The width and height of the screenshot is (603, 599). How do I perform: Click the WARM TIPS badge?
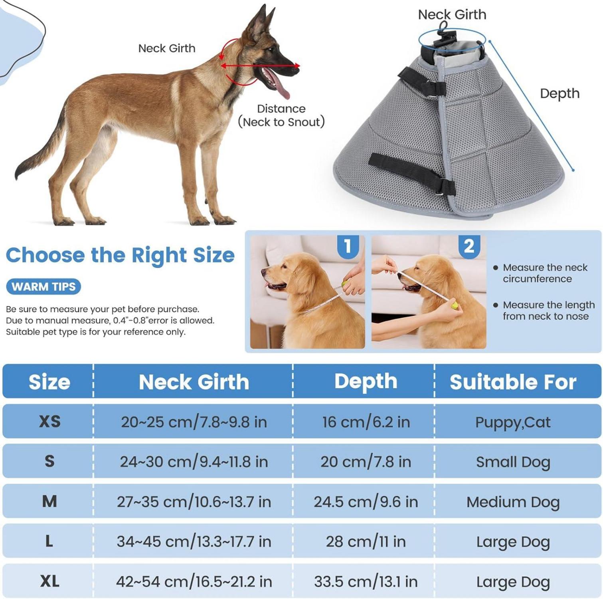click(43, 286)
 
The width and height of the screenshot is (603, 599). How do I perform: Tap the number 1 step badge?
click(348, 246)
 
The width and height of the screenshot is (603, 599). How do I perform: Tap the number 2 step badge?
click(469, 246)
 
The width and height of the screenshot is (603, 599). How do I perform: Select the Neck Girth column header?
click(194, 382)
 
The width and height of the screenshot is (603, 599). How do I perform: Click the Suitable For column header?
click(513, 382)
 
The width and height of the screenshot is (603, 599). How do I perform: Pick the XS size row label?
click(49, 421)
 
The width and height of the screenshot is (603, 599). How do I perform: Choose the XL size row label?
click(49, 581)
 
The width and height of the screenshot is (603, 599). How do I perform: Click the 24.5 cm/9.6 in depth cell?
click(366, 502)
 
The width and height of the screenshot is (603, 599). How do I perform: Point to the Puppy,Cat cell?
click(513, 422)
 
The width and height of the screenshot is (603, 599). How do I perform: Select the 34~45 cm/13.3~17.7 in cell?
click(194, 541)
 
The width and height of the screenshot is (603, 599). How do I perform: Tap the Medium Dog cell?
click(513, 502)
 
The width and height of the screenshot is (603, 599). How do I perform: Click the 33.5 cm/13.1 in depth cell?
click(366, 581)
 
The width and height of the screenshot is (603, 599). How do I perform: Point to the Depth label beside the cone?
click(560, 94)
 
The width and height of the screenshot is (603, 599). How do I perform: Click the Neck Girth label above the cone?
click(452, 14)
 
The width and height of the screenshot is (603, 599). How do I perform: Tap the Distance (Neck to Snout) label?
click(281, 115)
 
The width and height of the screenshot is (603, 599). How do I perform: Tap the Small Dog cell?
click(513, 462)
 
